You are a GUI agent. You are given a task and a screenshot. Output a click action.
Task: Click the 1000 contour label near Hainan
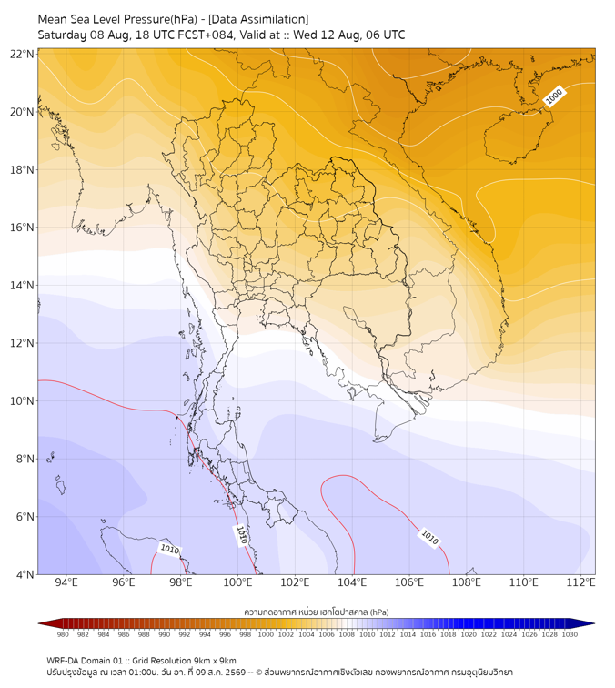pyautogui.click(x=553, y=96)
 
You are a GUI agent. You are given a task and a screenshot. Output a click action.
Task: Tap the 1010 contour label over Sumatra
pyautogui.click(x=169, y=549)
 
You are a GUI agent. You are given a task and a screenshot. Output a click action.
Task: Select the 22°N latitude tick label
pyautogui.click(x=22, y=54)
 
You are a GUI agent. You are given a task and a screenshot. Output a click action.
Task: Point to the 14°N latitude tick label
pyautogui.click(x=22, y=285)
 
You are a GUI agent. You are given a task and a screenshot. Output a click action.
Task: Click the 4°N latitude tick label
pyautogui.click(x=25, y=574)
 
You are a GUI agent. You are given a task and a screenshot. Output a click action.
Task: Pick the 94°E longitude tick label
pyautogui.click(x=66, y=582)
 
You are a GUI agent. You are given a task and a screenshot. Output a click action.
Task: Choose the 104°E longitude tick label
pyautogui.click(x=352, y=582)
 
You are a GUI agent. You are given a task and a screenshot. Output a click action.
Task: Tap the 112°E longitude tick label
pyautogui.click(x=580, y=582)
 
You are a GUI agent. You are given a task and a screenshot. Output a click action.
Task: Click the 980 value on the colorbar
pyautogui.click(x=63, y=634)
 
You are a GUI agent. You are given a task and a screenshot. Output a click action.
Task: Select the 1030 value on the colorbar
pyautogui.click(x=570, y=634)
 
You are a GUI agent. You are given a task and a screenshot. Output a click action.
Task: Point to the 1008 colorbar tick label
pyautogui.click(x=347, y=634)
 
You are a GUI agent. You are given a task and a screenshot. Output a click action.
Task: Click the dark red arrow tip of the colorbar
pyautogui.click(x=39, y=623)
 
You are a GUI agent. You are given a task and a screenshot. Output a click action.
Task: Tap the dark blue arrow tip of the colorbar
pyautogui.click(x=593, y=623)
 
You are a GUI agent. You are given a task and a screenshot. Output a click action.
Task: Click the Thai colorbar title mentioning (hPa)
pyautogui.click(x=317, y=612)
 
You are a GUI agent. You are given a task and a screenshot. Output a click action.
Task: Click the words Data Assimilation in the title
pyautogui.click(x=258, y=19)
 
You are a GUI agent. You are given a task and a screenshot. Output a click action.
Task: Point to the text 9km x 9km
pyautogui.click(x=215, y=661)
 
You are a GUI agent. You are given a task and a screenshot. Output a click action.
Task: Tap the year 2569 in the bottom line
pyautogui.click(x=236, y=673)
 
